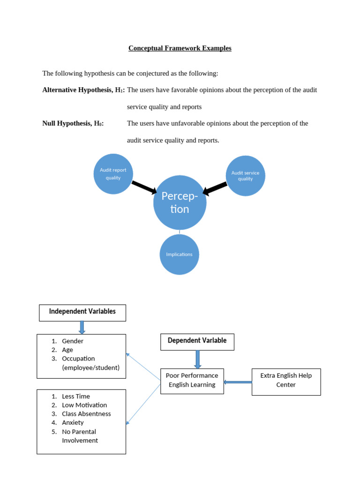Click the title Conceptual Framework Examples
tap(180, 48)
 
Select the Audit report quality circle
tap(113, 174)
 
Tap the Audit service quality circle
tap(245, 176)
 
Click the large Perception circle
tap(180, 203)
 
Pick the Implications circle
tap(179, 255)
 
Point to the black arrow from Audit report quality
tap(144, 187)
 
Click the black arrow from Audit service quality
tap(215, 188)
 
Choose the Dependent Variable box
tap(197, 341)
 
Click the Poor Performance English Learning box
tap(192, 380)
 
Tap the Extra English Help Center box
tap(286, 380)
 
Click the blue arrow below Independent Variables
tap(82, 328)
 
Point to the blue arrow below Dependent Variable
tap(197, 359)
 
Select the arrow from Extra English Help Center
tap(238, 382)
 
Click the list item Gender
tap(73, 341)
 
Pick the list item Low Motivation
tap(84, 405)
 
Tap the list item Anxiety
tap(73, 423)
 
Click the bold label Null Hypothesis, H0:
tap(73, 123)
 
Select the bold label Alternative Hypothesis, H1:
tap(83, 90)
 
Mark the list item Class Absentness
tap(86, 414)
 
